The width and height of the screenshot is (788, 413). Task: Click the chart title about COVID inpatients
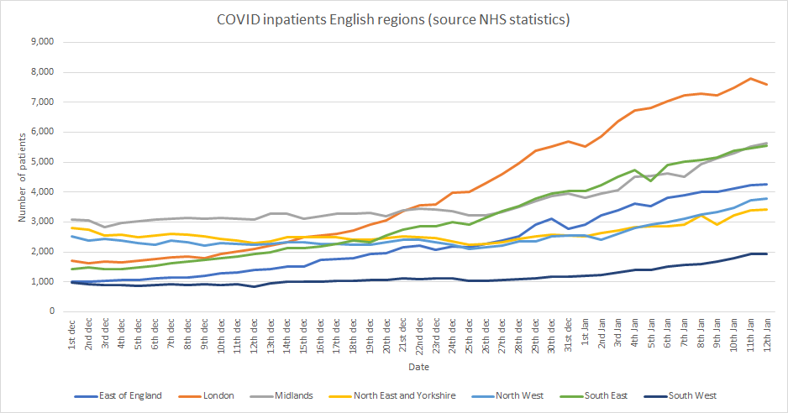(394, 19)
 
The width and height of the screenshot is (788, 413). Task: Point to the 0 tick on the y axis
(51, 311)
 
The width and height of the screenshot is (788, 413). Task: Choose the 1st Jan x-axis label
(585, 332)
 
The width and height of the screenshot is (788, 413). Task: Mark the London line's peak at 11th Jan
(750, 78)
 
